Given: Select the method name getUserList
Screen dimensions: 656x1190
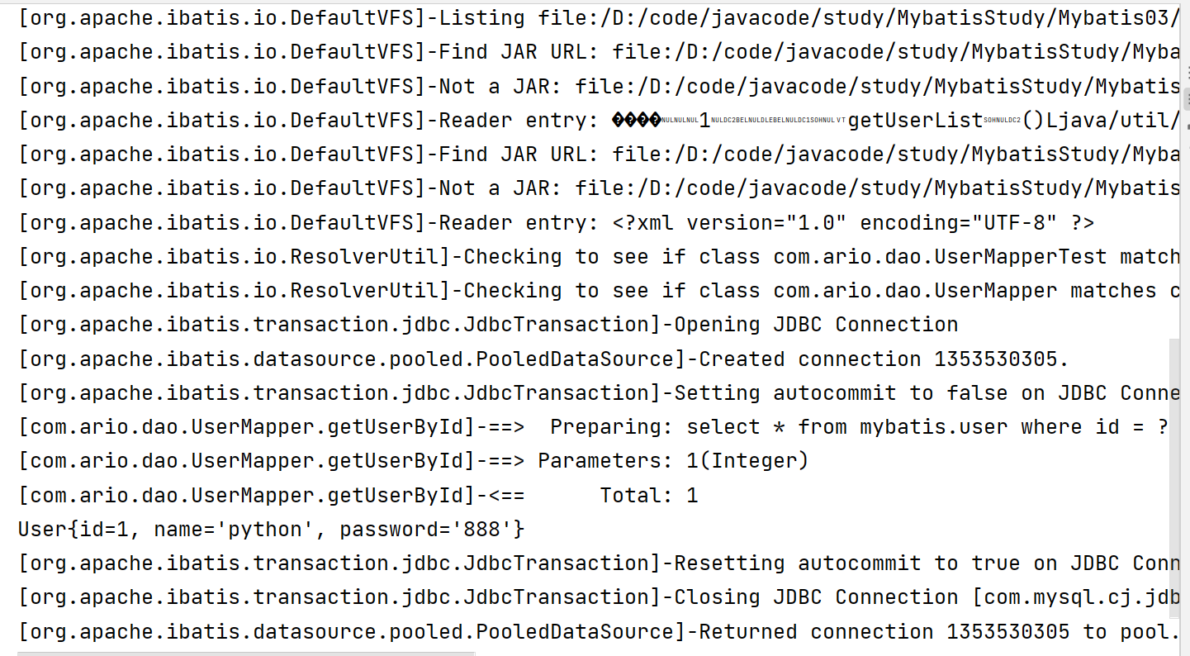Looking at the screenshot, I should click(x=916, y=121).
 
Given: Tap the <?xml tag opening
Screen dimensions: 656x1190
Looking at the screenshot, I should click(x=642, y=223).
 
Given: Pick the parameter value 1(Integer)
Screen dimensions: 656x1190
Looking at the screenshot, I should click(x=747, y=461).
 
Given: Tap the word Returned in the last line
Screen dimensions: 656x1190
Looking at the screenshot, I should click(x=748, y=632).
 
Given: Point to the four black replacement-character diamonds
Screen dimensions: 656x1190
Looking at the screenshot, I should click(x=636, y=121).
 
